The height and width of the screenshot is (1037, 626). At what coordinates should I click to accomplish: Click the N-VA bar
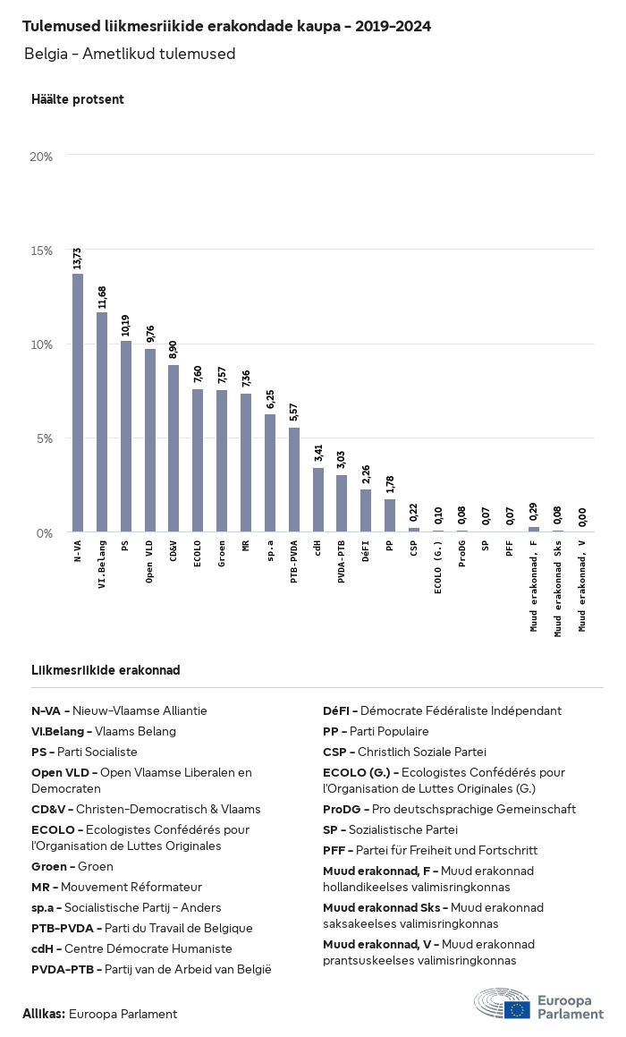click(x=78, y=403)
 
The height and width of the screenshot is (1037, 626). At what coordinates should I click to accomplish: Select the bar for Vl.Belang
click(x=102, y=421)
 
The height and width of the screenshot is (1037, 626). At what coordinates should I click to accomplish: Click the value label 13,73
click(x=78, y=259)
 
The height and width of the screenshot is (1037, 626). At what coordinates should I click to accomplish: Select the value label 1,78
click(x=389, y=484)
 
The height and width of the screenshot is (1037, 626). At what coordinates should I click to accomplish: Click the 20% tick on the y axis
click(x=42, y=157)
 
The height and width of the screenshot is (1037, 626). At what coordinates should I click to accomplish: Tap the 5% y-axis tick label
click(x=45, y=438)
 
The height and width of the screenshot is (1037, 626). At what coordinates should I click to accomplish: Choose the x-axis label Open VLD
click(x=150, y=561)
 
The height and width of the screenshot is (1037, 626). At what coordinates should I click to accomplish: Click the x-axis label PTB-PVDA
click(x=293, y=562)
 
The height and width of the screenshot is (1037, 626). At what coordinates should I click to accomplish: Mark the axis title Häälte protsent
click(x=78, y=99)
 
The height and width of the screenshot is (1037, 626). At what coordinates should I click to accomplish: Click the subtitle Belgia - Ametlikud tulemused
click(x=130, y=54)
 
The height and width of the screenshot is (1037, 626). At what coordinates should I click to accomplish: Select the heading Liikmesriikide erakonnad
click(x=106, y=670)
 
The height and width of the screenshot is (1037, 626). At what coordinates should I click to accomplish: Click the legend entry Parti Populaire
click(x=376, y=731)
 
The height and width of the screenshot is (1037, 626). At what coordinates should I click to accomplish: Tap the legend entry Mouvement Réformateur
click(x=116, y=887)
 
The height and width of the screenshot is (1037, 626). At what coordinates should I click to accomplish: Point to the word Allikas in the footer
click(x=44, y=1014)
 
